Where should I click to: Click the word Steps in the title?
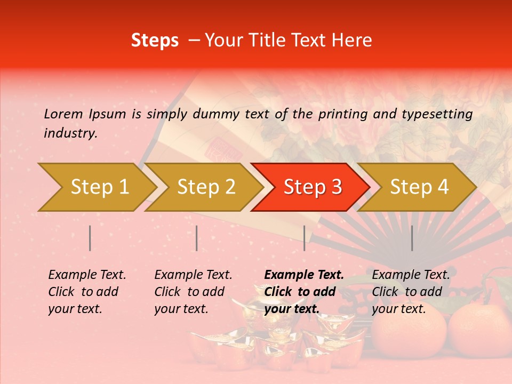point(155,41)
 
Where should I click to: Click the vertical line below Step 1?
point(90,238)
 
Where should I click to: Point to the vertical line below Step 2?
point(197,238)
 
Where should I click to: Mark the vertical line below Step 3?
point(304,238)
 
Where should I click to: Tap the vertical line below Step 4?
point(412,238)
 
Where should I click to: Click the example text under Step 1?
point(87,292)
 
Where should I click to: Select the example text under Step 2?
point(193,292)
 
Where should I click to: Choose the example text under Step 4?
point(411,292)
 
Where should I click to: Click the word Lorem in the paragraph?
point(63,114)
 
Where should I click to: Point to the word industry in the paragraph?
point(70,133)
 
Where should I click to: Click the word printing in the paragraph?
point(345,114)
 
